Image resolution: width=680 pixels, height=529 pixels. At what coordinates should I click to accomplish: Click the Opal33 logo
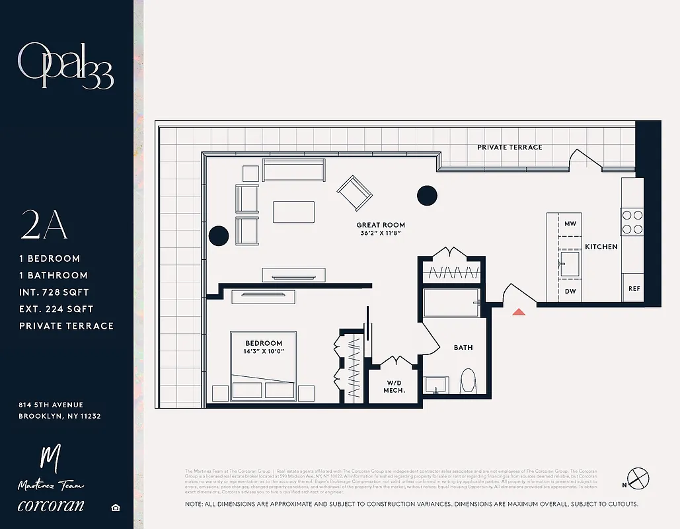(65, 66)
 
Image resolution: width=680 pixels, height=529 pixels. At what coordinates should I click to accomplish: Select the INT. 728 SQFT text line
(54, 292)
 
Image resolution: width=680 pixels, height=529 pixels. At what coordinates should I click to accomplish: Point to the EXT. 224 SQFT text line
(56, 309)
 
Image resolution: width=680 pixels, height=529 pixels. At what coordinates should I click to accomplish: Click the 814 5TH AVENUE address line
(52, 405)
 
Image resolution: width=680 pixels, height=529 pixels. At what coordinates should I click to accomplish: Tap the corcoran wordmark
(51, 505)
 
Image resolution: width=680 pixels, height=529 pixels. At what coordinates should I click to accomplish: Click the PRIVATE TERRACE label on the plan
(510, 147)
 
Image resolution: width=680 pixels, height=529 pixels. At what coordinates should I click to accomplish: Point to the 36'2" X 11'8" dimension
(381, 234)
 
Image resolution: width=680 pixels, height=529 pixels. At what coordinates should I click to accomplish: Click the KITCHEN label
(601, 247)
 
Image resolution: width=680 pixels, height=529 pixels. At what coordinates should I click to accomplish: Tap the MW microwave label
(570, 224)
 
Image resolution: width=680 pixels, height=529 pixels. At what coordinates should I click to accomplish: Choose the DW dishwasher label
(570, 291)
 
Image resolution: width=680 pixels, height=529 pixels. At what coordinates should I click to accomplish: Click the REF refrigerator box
(634, 289)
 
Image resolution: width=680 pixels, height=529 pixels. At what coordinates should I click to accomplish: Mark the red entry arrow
(519, 311)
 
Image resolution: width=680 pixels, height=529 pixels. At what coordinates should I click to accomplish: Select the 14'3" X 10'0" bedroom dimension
(264, 352)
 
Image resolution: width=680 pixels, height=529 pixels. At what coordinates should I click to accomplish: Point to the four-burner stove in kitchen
(631, 222)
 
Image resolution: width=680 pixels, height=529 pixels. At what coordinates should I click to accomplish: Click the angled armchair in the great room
(354, 192)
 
